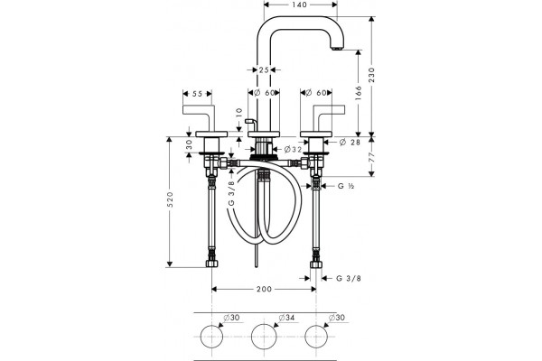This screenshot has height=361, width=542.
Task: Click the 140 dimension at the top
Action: click(x=299, y=5)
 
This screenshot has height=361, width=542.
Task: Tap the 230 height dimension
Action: click(x=371, y=75)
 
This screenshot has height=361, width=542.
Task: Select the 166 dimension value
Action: click(x=358, y=93)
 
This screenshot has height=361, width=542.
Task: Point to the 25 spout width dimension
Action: click(x=264, y=69)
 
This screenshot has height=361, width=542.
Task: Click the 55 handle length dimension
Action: click(x=197, y=94)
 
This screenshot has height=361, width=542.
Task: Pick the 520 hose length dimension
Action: click(x=170, y=199)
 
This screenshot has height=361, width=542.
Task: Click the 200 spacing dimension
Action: click(x=264, y=289)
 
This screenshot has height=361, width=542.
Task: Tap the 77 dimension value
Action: click(x=371, y=158)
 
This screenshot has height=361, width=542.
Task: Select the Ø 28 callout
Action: click(x=350, y=142)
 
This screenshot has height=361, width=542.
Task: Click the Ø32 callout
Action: click(x=293, y=149)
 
